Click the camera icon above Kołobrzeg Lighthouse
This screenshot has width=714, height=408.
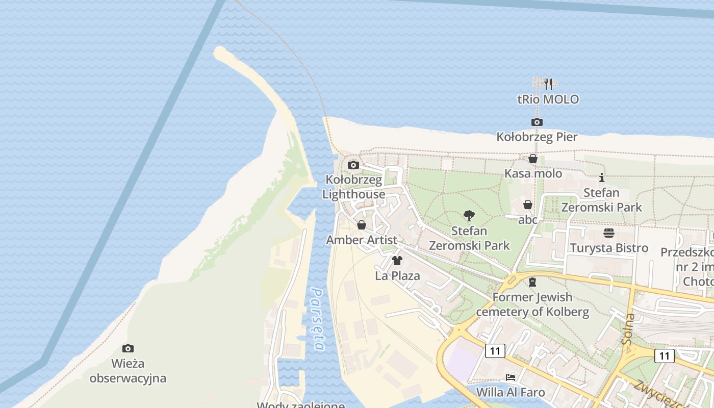tap(353, 165)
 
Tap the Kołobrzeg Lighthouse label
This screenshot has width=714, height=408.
tap(353, 187)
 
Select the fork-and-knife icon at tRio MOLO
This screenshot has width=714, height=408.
tap(548, 84)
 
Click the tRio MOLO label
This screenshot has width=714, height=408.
tap(548, 99)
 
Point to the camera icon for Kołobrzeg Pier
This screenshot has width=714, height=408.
tap(537, 122)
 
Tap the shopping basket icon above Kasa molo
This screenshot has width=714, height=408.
tap(533, 159)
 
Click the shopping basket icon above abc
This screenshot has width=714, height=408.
tap(528, 205)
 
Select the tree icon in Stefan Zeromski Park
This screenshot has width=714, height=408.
tap(469, 216)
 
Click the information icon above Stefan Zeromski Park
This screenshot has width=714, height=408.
tap(602, 177)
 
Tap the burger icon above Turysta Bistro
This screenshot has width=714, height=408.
tap(609, 234)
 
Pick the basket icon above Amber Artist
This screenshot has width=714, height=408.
tap(362, 225)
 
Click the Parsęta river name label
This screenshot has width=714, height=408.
tap(318, 319)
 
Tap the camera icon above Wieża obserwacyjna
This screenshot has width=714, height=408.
tap(128, 349)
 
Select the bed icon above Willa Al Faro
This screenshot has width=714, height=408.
tap(511, 377)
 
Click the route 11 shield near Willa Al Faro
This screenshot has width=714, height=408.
tap(495, 351)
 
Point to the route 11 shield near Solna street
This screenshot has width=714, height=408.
tap(664, 355)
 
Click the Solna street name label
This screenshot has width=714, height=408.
tap(629, 329)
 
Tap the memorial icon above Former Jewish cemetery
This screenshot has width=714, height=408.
tap(532, 282)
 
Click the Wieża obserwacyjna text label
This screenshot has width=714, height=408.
tap(128, 371)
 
